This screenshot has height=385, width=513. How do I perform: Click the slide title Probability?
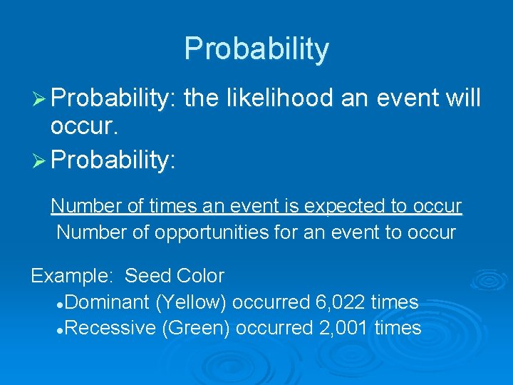(256, 49)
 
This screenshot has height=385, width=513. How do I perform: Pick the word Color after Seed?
(200, 276)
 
